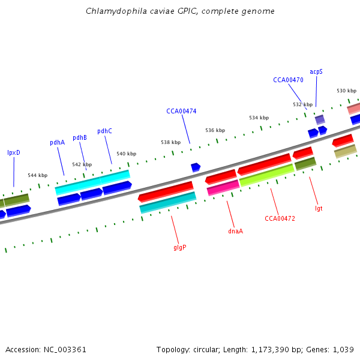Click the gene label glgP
[179, 247]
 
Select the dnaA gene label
[236, 230]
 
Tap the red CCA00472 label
[280, 218]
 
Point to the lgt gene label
[319, 208]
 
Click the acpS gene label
[316, 71]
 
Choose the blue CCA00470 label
[288, 79]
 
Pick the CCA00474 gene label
[181, 111]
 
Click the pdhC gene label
[104, 131]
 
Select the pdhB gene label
[80, 137]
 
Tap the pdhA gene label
[57, 142]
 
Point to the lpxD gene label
[13, 152]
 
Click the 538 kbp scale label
[170, 142]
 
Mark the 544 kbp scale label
[37, 175]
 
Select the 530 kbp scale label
[346, 91]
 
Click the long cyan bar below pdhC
[92, 182]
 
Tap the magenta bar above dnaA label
[223, 188]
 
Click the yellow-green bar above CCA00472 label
[266, 175]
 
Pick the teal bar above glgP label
[167, 202]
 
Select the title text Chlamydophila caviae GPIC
[146, 11]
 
